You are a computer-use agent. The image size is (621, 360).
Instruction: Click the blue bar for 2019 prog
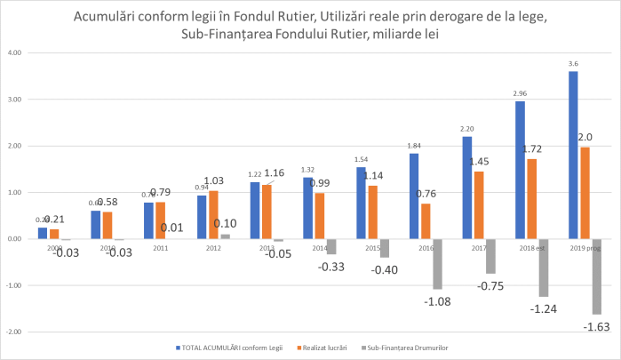[x=573, y=155]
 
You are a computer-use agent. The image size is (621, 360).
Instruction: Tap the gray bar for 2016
[x=437, y=263]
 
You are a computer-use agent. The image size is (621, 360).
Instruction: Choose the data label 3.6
[x=573, y=63]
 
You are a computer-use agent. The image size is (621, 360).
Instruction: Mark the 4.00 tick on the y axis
[x=14, y=52]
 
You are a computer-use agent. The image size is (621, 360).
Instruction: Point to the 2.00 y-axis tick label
[x=14, y=146]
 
